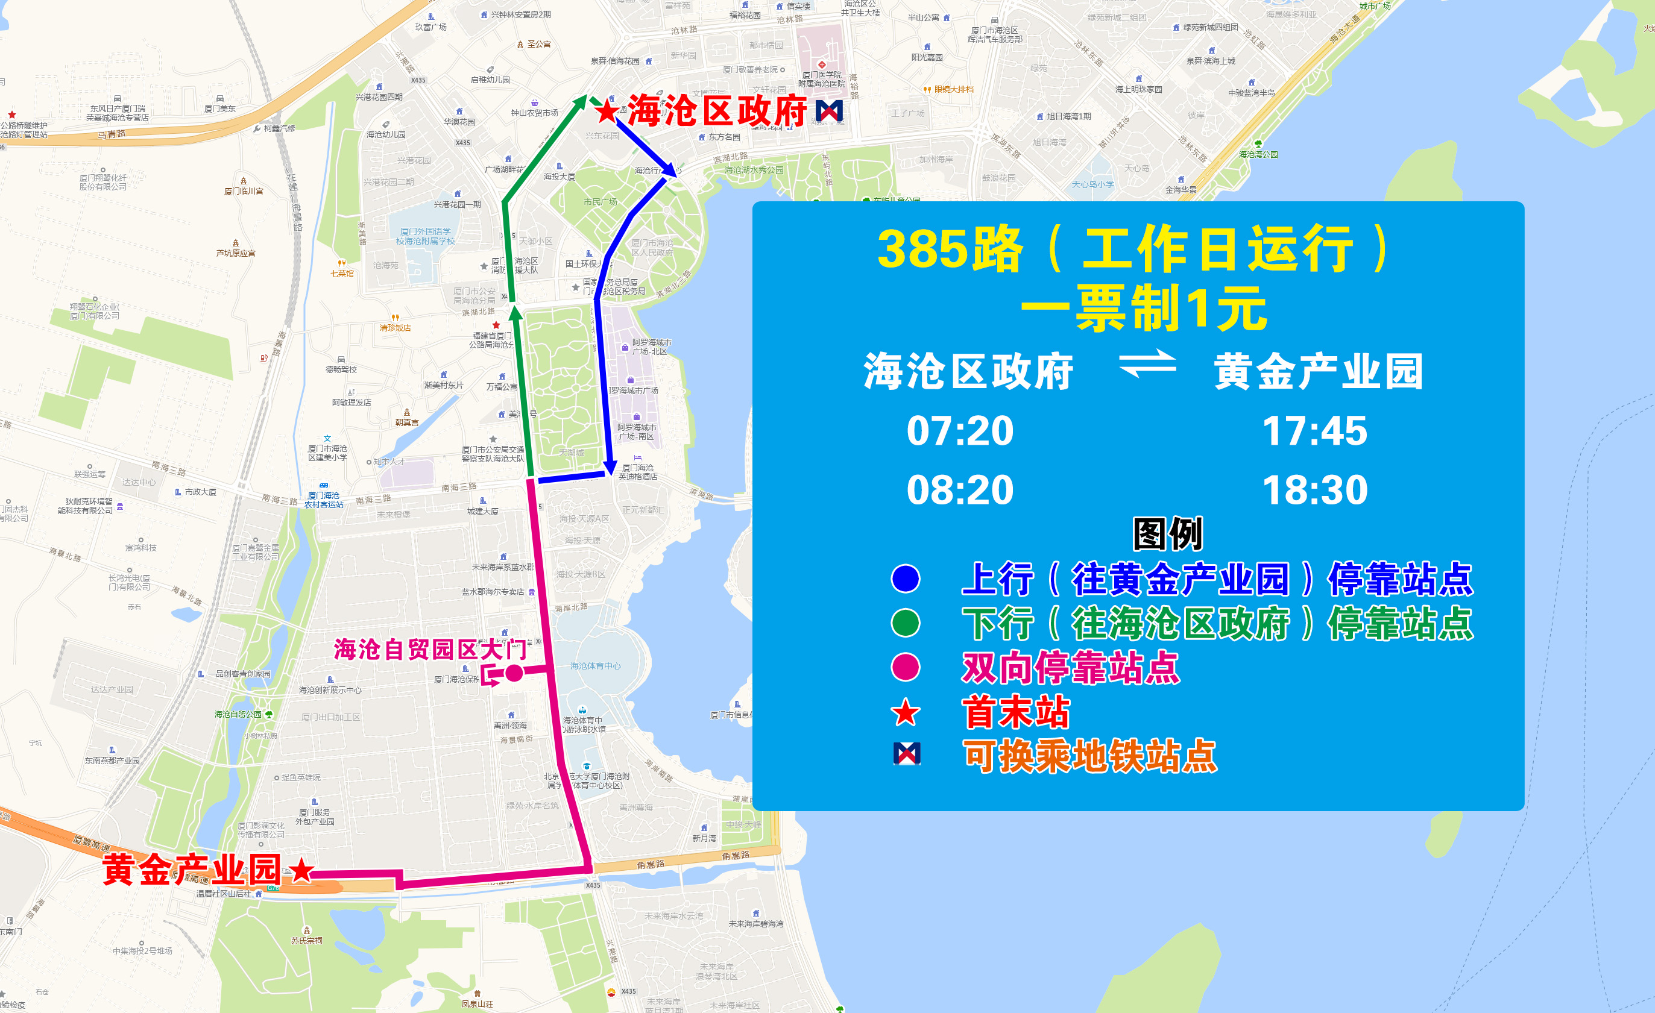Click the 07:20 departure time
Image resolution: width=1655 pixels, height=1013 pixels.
[x=960, y=431]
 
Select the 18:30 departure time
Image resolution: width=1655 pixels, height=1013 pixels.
[x=1314, y=490]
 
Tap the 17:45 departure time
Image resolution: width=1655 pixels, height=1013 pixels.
[x=1314, y=431]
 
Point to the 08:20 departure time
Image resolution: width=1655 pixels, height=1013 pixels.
[x=960, y=490]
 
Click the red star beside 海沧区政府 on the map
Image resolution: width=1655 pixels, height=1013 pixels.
[x=607, y=111]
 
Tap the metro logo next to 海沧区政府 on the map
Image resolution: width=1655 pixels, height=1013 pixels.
[x=829, y=111]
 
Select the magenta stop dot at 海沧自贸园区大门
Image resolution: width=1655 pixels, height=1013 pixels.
[x=514, y=673]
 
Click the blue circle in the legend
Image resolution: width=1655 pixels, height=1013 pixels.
[x=906, y=579]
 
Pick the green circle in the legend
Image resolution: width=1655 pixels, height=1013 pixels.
[x=906, y=623]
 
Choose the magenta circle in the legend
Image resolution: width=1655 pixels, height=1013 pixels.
[x=906, y=667]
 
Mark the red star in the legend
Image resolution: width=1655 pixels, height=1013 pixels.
[x=906, y=712]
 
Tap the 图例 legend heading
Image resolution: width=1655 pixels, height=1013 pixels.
[x=1167, y=535]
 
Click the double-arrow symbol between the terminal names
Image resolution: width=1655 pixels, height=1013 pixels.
[x=1147, y=365]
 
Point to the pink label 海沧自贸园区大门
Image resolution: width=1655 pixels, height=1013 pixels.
[x=430, y=649]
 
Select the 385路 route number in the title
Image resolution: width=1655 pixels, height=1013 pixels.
[x=950, y=249]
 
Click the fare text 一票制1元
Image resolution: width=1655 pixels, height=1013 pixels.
[x=1144, y=309]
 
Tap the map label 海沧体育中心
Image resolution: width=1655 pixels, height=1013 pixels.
[x=595, y=666]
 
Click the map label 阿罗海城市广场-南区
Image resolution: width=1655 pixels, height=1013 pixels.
[x=636, y=431]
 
